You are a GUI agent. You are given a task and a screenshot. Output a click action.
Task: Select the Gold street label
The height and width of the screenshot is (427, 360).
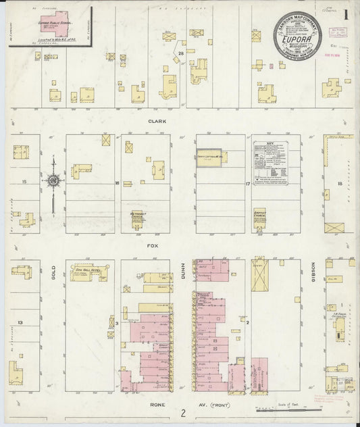pos(51,274)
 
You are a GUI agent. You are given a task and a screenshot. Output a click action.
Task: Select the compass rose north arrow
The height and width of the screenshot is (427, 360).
pos(53,180)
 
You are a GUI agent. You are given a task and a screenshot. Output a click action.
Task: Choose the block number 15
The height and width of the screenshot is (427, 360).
pos(24,182)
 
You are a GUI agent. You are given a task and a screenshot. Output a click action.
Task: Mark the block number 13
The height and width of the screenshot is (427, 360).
pos(21,323)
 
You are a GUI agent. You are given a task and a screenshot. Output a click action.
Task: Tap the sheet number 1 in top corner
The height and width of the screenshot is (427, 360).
pos(346,13)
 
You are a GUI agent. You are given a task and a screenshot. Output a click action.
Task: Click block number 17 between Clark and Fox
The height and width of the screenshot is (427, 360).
pos(248,184)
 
